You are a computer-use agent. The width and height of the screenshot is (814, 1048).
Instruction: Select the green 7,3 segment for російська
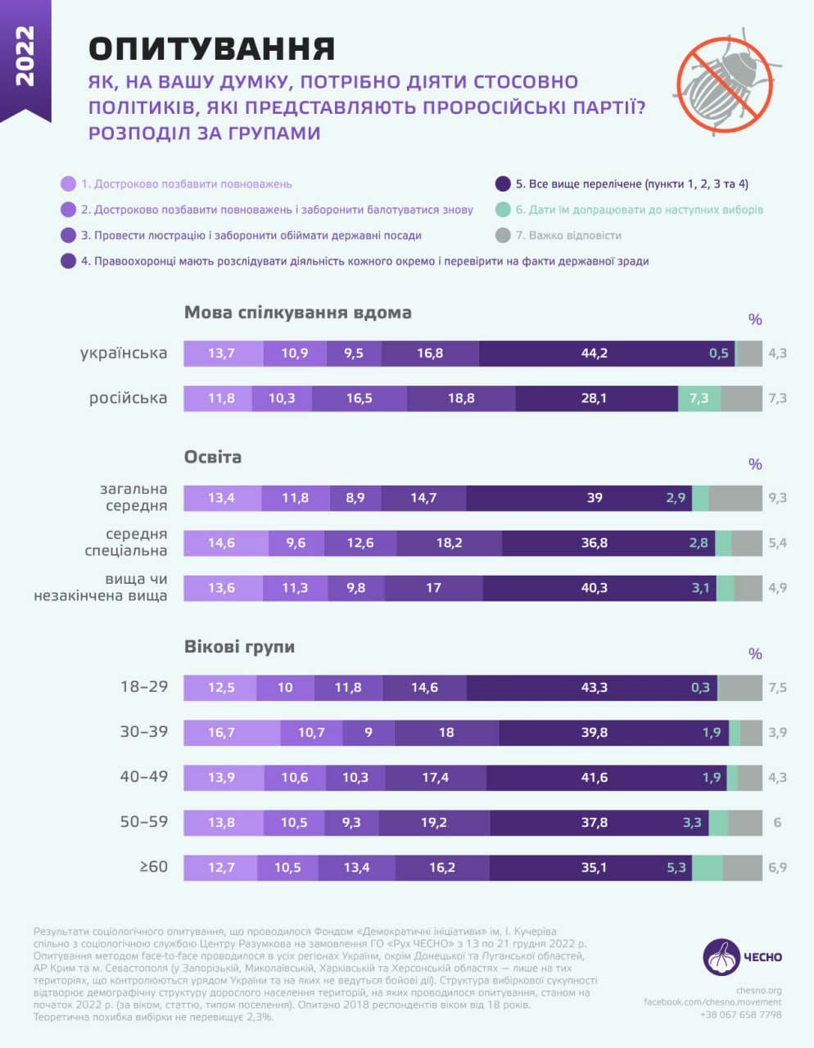tap(699, 399)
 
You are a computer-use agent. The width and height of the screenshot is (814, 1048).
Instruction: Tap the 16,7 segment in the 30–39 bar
tap(232, 733)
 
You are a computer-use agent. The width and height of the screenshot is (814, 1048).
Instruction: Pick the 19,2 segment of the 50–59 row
tap(434, 823)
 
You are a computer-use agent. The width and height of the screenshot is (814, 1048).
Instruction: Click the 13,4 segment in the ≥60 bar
tap(356, 868)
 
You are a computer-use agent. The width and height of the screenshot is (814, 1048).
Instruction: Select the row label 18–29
tap(144, 687)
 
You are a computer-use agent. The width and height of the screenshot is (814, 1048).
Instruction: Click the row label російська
tap(128, 399)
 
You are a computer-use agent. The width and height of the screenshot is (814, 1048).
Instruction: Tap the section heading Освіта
tap(213, 457)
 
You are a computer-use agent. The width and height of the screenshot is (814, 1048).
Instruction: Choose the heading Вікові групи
tap(239, 647)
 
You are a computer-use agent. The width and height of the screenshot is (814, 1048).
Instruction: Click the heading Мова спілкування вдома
tap(297, 313)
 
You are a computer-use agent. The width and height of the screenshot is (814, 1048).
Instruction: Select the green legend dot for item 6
tap(503, 210)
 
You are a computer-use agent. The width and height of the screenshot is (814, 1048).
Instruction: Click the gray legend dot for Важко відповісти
tap(503, 236)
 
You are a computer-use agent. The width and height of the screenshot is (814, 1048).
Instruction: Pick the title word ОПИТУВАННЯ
tap(212, 49)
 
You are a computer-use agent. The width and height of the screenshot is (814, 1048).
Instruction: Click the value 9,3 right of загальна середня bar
tap(777, 498)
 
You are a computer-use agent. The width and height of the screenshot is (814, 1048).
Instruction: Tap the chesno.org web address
tap(758, 990)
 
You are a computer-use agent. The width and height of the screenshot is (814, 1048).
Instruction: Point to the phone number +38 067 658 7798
tap(740, 1014)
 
